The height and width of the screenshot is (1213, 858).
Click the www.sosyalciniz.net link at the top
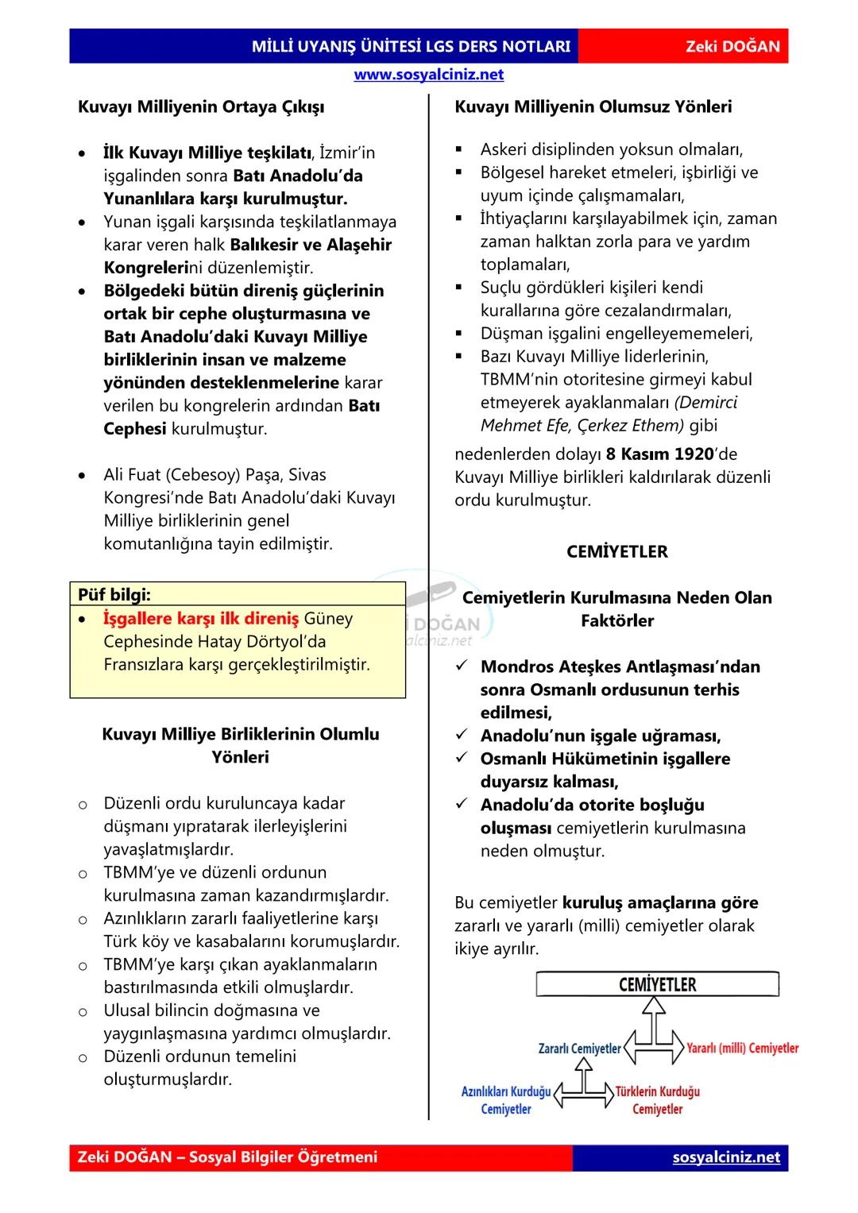pyautogui.click(x=428, y=75)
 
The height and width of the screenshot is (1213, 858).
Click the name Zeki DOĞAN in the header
pyautogui.click(x=732, y=47)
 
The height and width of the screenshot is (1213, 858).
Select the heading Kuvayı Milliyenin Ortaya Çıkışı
pyautogui.click(x=200, y=106)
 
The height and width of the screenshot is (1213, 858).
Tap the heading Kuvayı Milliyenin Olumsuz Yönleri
pyautogui.click(x=593, y=106)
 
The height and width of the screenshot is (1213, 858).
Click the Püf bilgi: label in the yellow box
pyautogui.click(x=114, y=594)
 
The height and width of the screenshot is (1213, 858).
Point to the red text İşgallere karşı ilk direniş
pyautogui.click(x=201, y=618)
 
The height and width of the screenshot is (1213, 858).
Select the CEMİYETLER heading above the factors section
pyautogui.click(x=616, y=551)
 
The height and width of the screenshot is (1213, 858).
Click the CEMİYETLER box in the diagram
pyautogui.click(x=657, y=985)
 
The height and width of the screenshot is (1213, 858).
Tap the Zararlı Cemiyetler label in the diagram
pyautogui.click(x=579, y=1049)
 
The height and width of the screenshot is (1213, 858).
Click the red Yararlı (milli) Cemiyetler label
pyautogui.click(x=742, y=1049)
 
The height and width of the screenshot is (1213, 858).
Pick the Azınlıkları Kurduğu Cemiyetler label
pyautogui.click(x=506, y=1100)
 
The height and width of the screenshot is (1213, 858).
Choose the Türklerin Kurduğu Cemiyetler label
pyautogui.click(x=658, y=1100)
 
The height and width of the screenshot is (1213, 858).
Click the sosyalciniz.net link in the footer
pyautogui.click(x=726, y=1157)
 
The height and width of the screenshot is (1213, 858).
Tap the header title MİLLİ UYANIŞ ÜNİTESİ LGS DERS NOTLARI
pyautogui.click(x=411, y=47)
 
